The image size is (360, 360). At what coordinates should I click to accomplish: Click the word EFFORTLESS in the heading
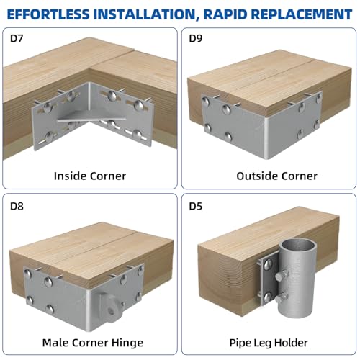click(48, 14)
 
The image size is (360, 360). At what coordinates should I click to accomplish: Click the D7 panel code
click(17, 38)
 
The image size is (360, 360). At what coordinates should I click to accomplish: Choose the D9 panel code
click(196, 38)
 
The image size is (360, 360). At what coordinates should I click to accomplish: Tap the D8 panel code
click(17, 206)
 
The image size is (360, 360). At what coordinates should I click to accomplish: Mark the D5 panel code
click(196, 206)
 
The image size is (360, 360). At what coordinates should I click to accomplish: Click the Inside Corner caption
click(90, 176)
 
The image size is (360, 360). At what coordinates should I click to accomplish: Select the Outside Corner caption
click(276, 176)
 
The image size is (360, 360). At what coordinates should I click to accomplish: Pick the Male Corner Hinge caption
click(93, 343)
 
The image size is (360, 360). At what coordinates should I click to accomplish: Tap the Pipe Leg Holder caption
click(269, 343)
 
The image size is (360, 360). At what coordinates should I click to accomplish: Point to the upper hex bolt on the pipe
click(282, 275)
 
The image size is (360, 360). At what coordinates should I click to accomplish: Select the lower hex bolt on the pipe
click(282, 298)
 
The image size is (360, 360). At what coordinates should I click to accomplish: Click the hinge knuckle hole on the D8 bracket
click(111, 311)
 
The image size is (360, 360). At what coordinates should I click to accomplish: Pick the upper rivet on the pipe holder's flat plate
click(268, 264)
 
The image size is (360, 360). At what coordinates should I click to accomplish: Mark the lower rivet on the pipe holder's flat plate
click(267, 297)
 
